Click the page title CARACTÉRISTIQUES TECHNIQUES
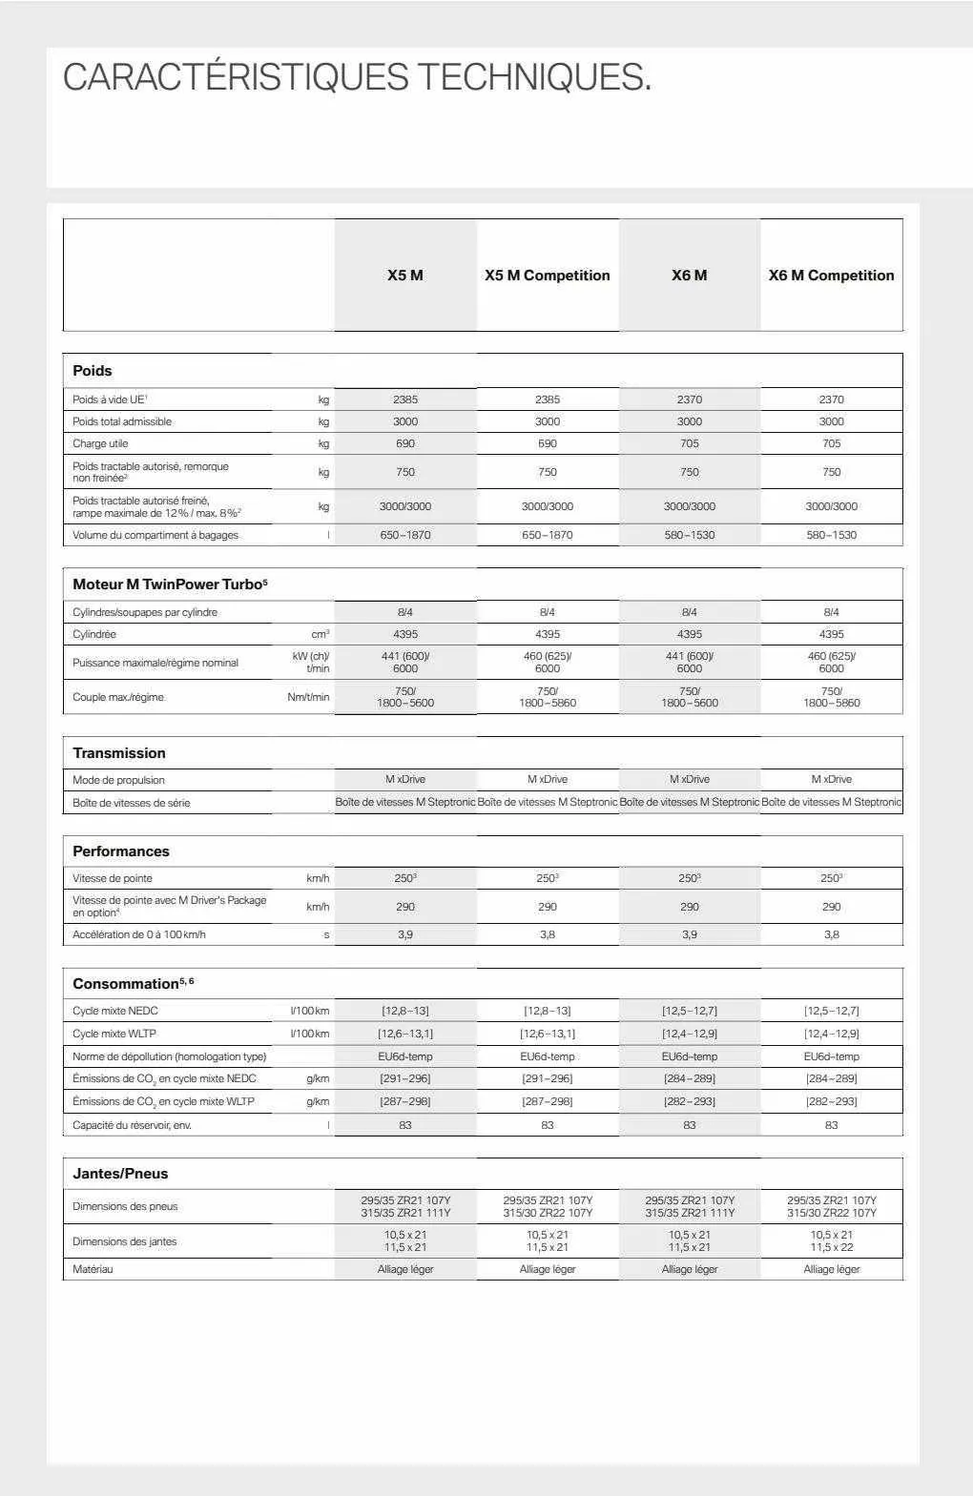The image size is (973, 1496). click(357, 77)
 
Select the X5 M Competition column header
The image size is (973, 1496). click(547, 276)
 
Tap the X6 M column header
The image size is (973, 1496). click(689, 276)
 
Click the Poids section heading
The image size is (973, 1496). click(93, 371)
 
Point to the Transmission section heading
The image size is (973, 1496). click(119, 753)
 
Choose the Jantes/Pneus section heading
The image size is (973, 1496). click(120, 1174)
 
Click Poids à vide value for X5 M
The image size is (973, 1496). click(405, 400)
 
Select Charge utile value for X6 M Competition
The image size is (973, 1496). click(831, 443)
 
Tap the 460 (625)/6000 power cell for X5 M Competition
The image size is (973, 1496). click(547, 663)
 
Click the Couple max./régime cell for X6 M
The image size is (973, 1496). click(689, 697)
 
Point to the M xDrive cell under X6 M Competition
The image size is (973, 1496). click(831, 779)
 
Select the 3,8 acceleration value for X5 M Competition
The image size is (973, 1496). click(547, 934)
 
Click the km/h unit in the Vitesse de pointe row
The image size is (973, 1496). click(318, 878)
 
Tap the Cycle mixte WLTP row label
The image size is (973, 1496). click(114, 1034)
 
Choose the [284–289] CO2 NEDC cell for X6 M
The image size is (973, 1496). click(689, 1078)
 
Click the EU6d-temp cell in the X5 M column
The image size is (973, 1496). click(405, 1056)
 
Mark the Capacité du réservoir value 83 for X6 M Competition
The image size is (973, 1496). click(831, 1125)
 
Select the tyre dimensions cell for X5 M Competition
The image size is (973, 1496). click(547, 1206)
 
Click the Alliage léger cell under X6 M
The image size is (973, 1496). click(689, 1269)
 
